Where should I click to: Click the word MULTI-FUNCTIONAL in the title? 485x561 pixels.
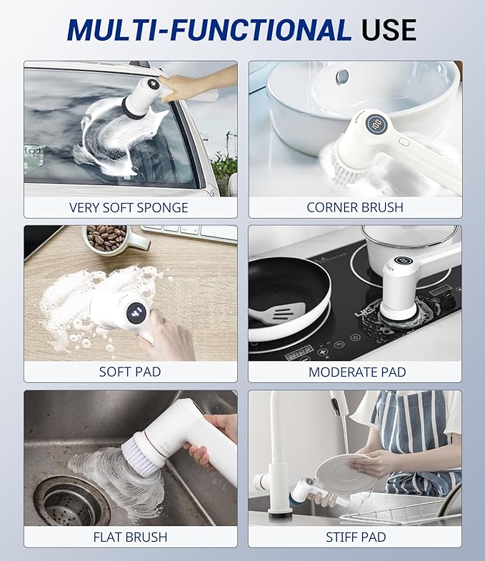209,29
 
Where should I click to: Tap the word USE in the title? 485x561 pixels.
389,29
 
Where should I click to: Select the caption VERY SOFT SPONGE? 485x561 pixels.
129,208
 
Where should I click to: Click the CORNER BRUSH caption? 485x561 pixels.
355,208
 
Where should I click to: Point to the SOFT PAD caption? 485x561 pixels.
130,372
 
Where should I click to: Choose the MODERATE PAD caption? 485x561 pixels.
357,372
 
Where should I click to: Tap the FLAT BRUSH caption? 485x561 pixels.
130,537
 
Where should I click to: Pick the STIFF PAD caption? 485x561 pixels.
355,537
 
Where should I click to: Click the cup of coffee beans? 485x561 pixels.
107,238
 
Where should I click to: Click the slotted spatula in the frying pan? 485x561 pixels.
279,313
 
